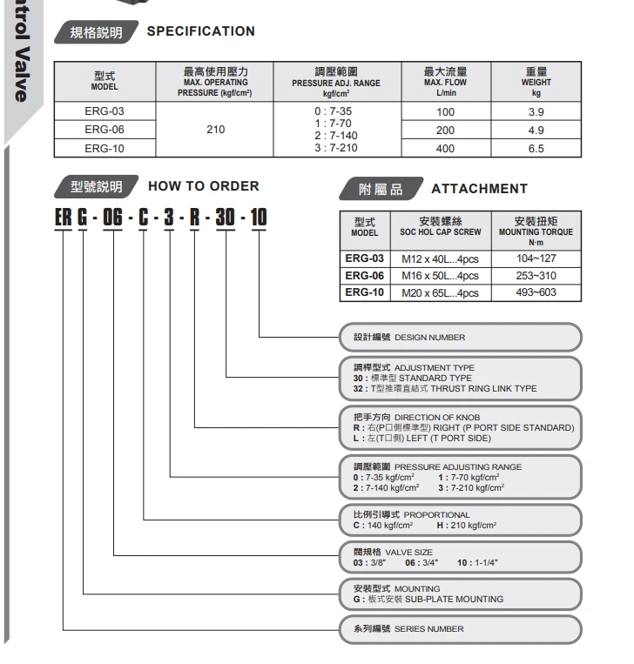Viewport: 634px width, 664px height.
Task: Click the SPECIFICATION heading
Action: (x=200, y=31)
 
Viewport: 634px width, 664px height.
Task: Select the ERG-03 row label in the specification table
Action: (x=104, y=111)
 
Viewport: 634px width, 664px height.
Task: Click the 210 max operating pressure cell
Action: (x=215, y=130)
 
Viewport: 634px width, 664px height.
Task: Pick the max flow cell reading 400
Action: (x=445, y=149)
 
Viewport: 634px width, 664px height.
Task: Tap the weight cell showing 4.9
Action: (x=536, y=131)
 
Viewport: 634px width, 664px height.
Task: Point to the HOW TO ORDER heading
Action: (x=204, y=186)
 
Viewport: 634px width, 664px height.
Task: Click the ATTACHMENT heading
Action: (x=479, y=188)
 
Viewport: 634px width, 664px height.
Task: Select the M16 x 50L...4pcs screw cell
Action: (x=440, y=276)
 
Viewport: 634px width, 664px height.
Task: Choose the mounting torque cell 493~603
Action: (x=535, y=292)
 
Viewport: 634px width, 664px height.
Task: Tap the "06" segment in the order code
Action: (x=113, y=216)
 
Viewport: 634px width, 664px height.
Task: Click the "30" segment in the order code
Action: (x=225, y=216)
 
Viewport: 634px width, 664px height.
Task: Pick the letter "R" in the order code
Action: (x=193, y=216)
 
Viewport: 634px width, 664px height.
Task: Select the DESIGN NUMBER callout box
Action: (x=460, y=337)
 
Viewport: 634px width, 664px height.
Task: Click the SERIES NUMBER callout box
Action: (x=460, y=628)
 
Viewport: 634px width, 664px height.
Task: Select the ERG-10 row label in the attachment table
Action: (x=364, y=292)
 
